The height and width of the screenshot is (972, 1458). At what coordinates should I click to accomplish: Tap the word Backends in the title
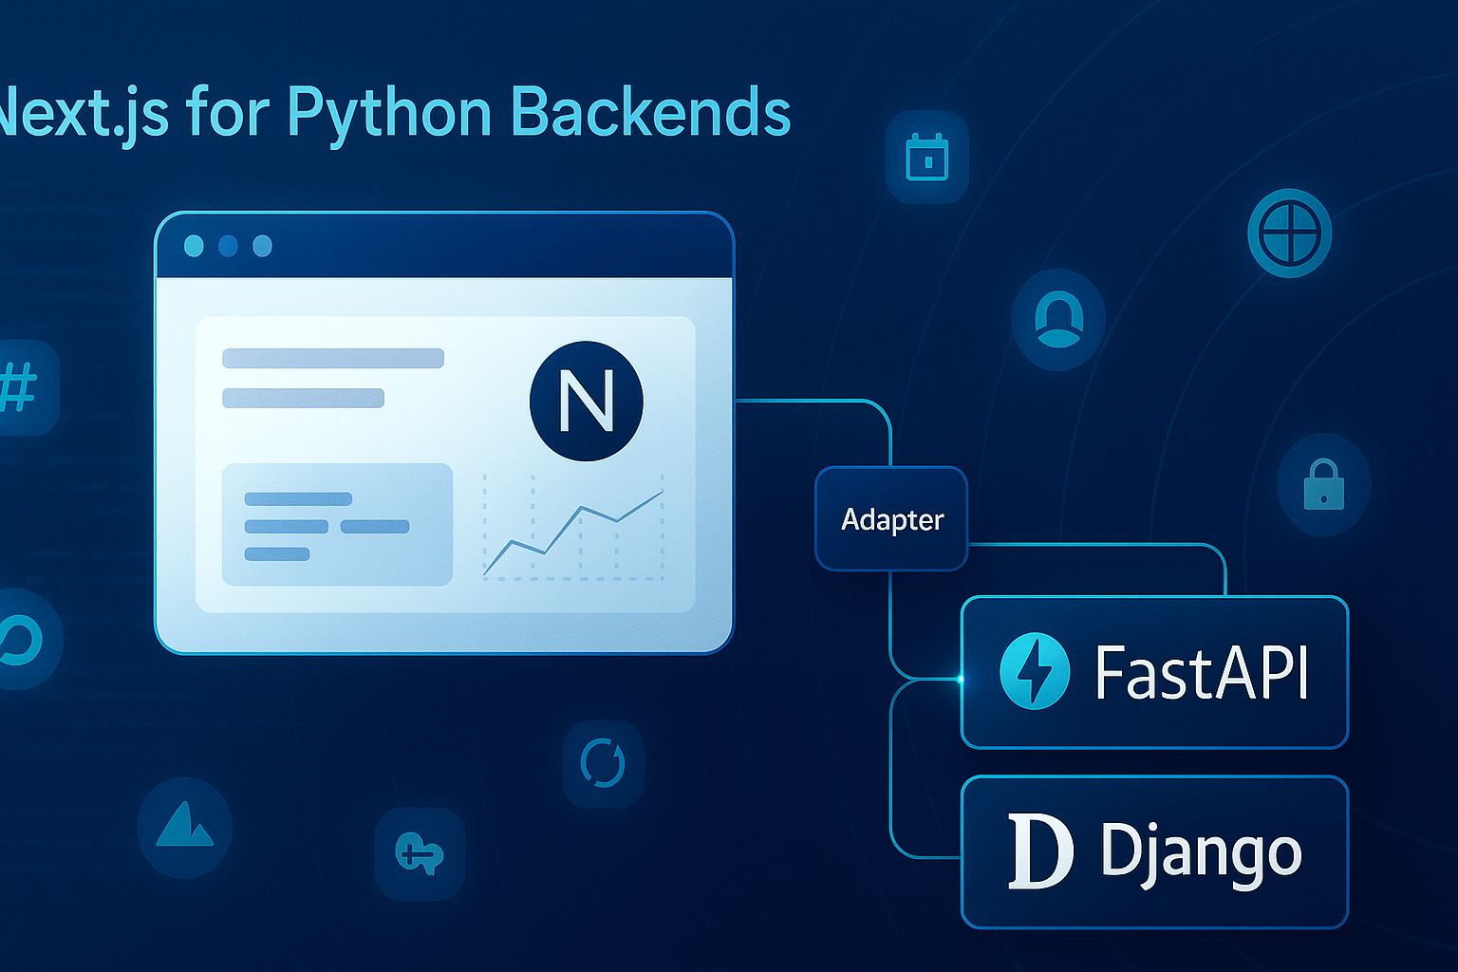650,112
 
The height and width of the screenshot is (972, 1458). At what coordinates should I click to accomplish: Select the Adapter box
891,519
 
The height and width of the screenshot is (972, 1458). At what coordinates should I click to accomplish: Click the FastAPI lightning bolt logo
1035,671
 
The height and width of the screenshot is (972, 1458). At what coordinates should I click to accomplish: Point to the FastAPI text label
1203,672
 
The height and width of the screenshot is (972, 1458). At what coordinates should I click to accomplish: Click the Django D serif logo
1039,851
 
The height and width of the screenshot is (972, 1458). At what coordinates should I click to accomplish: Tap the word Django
1201,851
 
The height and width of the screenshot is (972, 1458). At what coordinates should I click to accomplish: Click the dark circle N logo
586,401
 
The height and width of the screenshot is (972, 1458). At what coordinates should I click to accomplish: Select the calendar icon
926,157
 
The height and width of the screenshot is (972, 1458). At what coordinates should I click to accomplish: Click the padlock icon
1323,484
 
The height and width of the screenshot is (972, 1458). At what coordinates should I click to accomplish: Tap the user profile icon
1058,319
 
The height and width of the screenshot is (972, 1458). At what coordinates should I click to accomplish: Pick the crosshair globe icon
1289,233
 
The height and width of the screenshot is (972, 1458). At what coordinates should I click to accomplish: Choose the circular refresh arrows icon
603,763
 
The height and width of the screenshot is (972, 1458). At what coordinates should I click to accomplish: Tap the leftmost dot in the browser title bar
194,246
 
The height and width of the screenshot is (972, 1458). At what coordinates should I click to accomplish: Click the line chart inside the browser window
573,530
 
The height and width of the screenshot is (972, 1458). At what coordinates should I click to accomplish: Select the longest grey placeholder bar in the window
333,358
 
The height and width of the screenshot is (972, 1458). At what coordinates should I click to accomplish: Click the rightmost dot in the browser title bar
262,246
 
